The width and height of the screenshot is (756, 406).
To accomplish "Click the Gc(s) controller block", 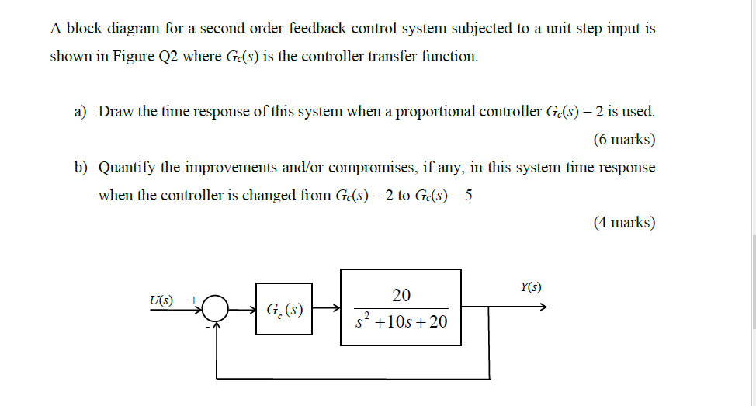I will tap(284, 309).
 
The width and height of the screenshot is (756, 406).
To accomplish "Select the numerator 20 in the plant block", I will tap(401, 295).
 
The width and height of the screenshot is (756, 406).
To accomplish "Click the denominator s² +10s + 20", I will tap(401, 321).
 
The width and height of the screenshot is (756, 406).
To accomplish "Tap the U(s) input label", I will tap(161, 300).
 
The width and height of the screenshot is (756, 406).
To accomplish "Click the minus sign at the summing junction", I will tap(207, 327).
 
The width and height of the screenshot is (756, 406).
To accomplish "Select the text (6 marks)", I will tap(623, 140).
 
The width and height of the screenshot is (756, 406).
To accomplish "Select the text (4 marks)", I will tap(623, 223).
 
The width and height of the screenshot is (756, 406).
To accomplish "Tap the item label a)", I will tap(80, 111).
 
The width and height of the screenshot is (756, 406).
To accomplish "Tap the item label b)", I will tap(81, 168).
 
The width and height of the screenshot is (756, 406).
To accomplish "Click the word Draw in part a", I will tap(116, 111).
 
